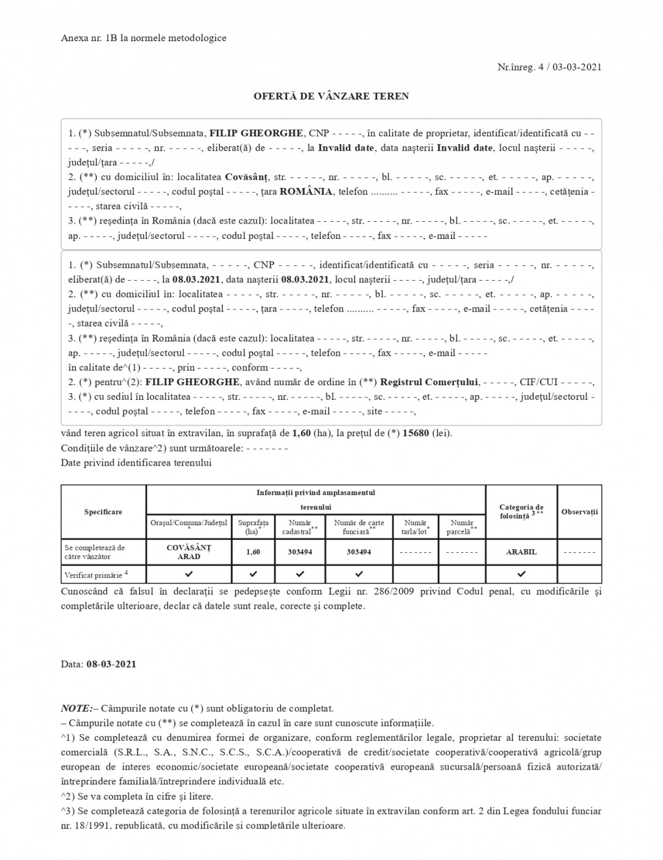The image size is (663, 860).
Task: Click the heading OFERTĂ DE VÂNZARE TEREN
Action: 331,96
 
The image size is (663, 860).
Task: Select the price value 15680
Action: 416,433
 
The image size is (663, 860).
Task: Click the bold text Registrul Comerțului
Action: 430,382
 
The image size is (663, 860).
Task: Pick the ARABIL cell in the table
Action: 521,552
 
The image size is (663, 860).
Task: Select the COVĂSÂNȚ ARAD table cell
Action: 189,552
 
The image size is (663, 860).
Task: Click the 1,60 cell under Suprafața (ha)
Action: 253,552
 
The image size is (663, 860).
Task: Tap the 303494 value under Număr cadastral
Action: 300,552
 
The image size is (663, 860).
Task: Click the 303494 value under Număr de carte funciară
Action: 359,552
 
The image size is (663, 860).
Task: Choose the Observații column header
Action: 579,512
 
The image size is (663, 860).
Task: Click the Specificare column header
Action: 103,512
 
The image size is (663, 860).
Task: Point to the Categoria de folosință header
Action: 521,512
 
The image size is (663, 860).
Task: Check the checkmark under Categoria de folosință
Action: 521,574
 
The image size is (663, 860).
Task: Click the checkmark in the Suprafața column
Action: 253,574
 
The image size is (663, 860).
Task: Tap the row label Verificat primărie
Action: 95,576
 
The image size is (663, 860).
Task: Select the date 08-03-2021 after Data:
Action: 111,664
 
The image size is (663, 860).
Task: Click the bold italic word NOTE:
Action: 77,708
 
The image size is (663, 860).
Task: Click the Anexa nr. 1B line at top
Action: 144,38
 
